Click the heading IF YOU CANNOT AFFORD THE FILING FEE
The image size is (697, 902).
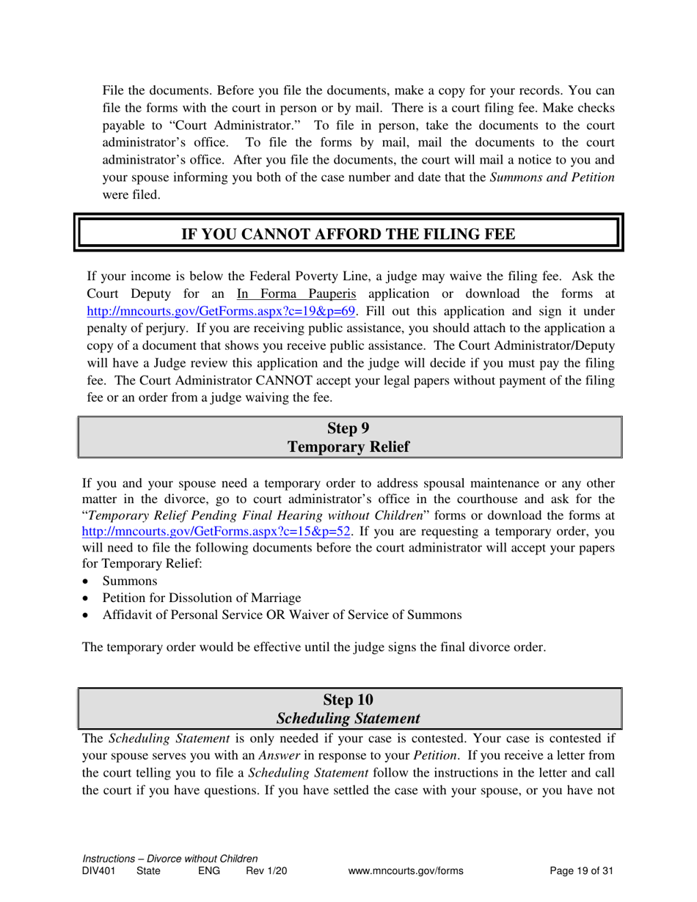(x=348, y=234)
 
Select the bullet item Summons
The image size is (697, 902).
(x=130, y=582)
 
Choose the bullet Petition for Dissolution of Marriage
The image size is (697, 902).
(x=202, y=598)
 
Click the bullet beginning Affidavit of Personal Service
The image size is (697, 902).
(x=282, y=615)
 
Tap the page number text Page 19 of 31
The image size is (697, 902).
(x=581, y=871)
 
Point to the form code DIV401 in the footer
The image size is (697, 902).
(x=99, y=871)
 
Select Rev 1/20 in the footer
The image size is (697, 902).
(x=266, y=871)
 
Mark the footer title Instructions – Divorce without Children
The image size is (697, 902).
(x=170, y=859)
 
